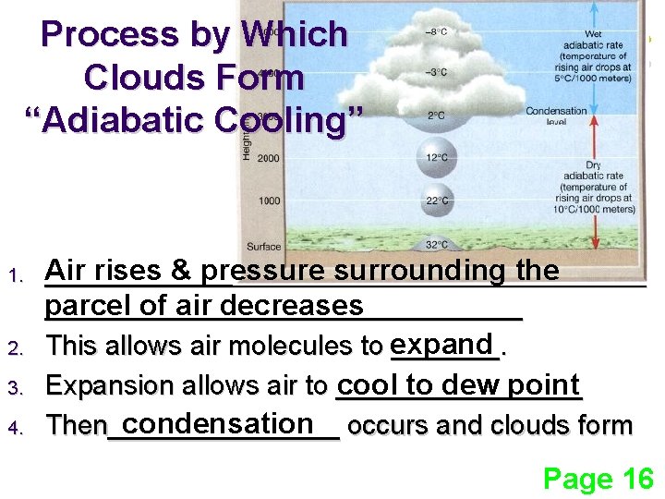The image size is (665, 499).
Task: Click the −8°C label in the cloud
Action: coord(436,31)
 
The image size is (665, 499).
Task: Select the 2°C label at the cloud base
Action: coord(436,116)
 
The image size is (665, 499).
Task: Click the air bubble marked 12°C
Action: coord(436,158)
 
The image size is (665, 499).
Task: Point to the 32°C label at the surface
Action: coord(436,245)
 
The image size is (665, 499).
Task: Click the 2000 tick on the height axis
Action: coord(269,159)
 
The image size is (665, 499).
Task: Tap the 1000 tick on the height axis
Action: coord(269,201)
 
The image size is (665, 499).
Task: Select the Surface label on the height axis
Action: coord(264,247)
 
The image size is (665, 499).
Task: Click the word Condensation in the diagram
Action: coord(556,111)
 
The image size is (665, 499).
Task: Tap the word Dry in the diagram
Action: coord(594,165)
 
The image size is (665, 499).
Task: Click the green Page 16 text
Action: coord(598,479)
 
